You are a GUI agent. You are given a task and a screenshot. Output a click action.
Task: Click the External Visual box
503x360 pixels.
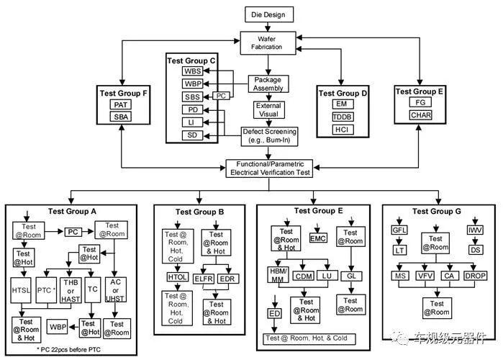(x=268, y=110)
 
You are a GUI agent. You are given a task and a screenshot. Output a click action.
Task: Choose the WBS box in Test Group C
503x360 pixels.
(x=192, y=71)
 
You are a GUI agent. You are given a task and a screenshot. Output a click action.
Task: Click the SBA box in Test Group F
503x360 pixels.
(x=121, y=117)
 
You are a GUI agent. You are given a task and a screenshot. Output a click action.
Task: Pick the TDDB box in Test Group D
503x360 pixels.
(x=342, y=116)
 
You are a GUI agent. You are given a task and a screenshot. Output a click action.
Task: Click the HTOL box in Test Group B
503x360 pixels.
(x=177, y=277)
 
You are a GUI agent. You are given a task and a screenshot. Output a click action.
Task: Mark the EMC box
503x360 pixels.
(x=318, y=238)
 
